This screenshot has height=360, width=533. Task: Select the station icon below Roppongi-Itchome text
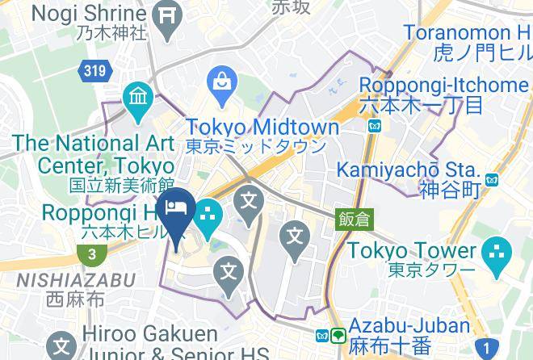(374, 126)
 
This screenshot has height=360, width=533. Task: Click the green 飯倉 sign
(352, 218)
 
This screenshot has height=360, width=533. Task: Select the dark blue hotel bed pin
(175, 210)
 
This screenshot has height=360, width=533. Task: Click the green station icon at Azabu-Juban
(338, 334)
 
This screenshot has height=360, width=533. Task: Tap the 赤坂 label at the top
(291, 7)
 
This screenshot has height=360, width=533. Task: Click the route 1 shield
(487, 350)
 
